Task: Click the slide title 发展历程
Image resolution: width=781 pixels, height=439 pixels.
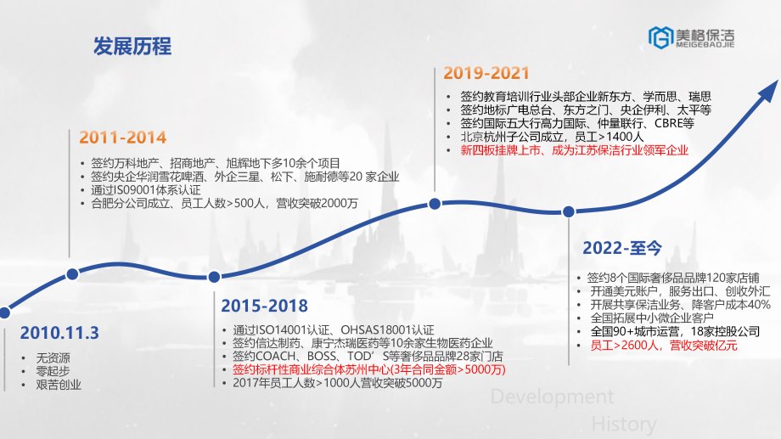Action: click(x=132, y=47)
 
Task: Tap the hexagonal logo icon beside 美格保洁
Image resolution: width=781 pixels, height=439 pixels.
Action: click(x=660, y=38)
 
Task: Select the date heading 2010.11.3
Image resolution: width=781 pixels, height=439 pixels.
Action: click(x=59, y=333)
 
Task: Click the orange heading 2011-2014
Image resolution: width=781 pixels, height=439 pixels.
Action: click(x=122, y=138)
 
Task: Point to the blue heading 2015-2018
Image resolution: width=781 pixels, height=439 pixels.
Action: click(x=265, y=306)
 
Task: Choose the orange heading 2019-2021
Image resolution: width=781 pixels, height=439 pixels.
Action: click(x=486, y=73)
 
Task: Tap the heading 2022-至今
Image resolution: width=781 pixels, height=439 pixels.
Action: click(x=622, y=248)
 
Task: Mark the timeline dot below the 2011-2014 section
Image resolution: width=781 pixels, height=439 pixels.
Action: click(x=72, y=274)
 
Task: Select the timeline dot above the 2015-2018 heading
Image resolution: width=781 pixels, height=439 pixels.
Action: click(x=214, y=277)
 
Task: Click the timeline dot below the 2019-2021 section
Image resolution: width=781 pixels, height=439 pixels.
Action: click(x=435, y=204)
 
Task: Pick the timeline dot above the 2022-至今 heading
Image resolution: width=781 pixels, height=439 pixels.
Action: click(x=568, y=211)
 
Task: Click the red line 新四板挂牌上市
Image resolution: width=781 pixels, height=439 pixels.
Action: click(x=575, y=150)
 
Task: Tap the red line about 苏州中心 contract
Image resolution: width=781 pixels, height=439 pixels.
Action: click(x=369, y=369)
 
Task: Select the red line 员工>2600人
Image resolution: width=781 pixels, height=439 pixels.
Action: click(x=664, y=346)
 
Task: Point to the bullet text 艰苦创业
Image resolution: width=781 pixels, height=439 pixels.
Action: click(x=59, y=385)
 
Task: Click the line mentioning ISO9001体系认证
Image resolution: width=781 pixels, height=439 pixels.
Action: click(x=146, y=190)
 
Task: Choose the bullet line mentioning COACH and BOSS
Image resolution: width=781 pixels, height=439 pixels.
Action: click(x=368, y=357)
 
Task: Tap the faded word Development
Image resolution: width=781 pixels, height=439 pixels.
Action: click(x=552, y=397)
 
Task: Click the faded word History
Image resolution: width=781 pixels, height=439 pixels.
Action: click(x=624, y=425)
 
